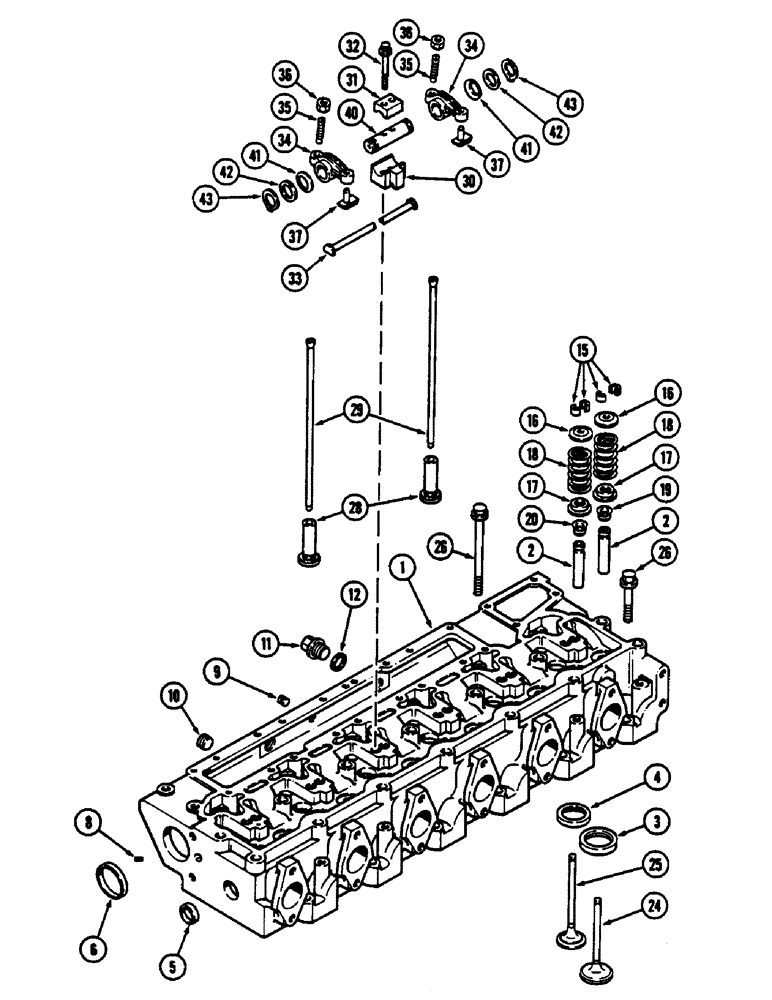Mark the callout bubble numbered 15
click(x=584, y=350)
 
